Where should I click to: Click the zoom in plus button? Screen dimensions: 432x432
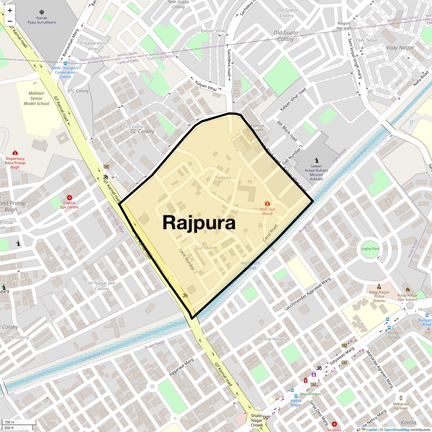(x=10, y=10)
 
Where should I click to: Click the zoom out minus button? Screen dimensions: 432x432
(x=10, y=21)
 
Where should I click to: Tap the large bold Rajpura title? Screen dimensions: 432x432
(x=199, y=222)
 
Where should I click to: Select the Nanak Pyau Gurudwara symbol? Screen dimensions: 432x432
(x=42, y=12)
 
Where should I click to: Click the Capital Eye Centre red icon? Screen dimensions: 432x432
(x=69, y=198)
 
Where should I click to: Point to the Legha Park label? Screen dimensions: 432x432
(x=370, y=249)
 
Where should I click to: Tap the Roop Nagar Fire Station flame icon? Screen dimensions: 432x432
(x=408, y=289)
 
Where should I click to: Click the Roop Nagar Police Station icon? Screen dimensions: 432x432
(x=379, y=287)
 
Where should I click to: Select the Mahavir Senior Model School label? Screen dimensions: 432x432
(x=36, y=98)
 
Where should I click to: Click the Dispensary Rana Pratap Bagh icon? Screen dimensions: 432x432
(x=15, y=153)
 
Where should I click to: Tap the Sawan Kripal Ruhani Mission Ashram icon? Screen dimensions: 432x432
(x=316, y=160)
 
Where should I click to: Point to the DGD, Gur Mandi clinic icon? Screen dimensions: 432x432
(x=267, y=204)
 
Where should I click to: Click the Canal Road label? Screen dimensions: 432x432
(x=270, y=233)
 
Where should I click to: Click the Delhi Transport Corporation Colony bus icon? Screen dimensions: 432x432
(x=65, y=63)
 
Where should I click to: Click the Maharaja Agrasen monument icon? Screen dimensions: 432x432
(x=401, y=395)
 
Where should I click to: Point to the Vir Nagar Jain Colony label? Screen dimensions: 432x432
(x=102, y=286)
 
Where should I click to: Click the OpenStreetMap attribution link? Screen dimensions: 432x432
(x=396, y=429)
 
